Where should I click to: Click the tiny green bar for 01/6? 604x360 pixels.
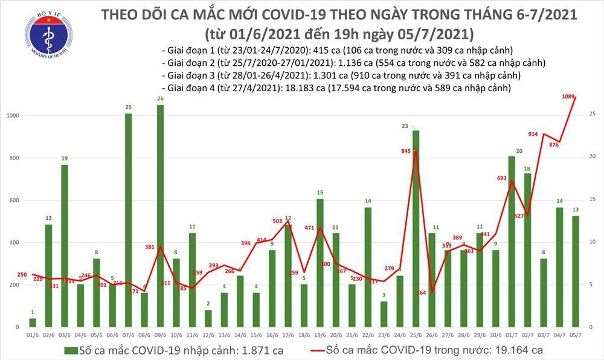pyautogui.click(x=33, y=323)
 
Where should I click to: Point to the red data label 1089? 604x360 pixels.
pyautogui.click(x=567, y=97)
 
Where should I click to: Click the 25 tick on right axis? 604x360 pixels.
pyautogui.click(x=593, y=114)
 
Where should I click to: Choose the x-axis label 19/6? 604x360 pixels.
pyautogui.click(x=320, y=335)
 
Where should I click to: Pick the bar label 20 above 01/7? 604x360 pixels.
pyautogui.click(x=511, y=151)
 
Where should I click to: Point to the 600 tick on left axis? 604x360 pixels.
pyautogui.click(x=13, y=201)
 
